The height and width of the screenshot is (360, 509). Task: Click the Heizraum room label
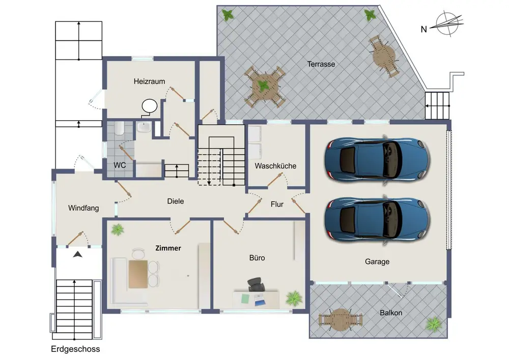[149, 81]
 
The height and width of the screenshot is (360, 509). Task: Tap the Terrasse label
[321, 64]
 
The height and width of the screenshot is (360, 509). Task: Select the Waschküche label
[275, 166]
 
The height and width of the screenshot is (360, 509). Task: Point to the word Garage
[377, 262]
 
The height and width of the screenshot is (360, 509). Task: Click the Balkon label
[391, 313]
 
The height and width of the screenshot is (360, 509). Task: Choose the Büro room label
[257, 258]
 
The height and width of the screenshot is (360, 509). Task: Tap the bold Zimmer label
[168, 248]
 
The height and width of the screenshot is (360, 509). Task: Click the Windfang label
[83, 208]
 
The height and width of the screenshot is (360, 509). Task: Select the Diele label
[176, 201]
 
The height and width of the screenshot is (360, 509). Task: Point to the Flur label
[277, 204]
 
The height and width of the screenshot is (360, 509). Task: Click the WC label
[120, 165]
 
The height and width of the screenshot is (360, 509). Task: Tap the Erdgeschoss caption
[75, 349]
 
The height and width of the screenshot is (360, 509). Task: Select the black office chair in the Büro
[256, 285]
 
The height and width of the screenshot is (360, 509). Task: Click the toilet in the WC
[119, 128]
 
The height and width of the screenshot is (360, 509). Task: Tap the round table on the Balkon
[340, 319]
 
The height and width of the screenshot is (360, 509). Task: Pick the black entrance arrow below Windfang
[77, 254]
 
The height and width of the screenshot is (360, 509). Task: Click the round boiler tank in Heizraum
[149, 106]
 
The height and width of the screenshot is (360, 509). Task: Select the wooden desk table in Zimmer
[138, 274]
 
